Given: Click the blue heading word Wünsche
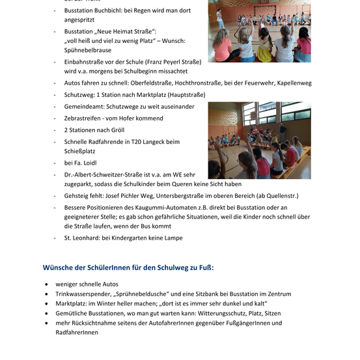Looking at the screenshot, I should (61, 267).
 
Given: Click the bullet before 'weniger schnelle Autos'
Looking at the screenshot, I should (47, 284).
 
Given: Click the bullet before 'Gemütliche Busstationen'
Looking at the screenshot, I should (47, 312).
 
